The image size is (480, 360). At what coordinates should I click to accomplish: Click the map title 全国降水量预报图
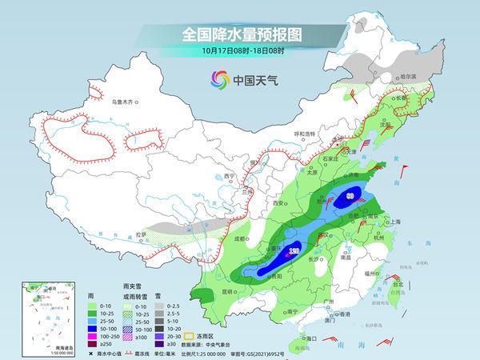[241, 34]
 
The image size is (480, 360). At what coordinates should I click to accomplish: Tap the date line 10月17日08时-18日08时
[241, 52]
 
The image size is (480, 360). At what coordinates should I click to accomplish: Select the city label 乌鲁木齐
[126, 102]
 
